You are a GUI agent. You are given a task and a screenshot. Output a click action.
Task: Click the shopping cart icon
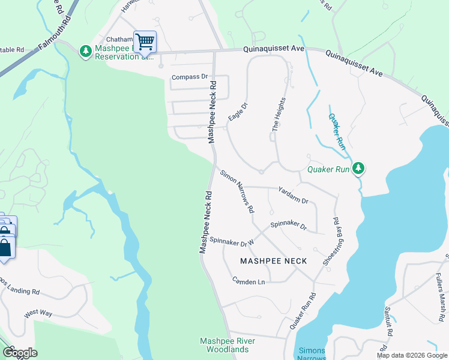tap(145, 42)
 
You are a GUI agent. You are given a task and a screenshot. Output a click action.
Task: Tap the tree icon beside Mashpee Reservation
tap(86, 52)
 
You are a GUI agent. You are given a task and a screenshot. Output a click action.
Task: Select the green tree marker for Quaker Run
tap(358, 169)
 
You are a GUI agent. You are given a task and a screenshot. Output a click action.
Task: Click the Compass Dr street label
tap(189, 77)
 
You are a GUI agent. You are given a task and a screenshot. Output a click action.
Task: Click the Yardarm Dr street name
tap(292, 195)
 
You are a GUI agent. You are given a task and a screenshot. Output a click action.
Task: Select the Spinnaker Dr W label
tap(232, 241)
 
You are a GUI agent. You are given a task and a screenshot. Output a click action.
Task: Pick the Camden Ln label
tap(249, 280)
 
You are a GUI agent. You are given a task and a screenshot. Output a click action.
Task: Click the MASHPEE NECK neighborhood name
tap(273, 261)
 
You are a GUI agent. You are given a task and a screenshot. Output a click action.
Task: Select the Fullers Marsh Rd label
tap(441, 294)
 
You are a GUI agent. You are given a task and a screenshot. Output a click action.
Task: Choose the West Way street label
tap(38, 314)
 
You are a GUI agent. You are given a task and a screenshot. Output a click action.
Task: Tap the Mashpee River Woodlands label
tap(227, 345)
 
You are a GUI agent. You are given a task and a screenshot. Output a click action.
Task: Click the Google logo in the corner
tap(19, 353)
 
